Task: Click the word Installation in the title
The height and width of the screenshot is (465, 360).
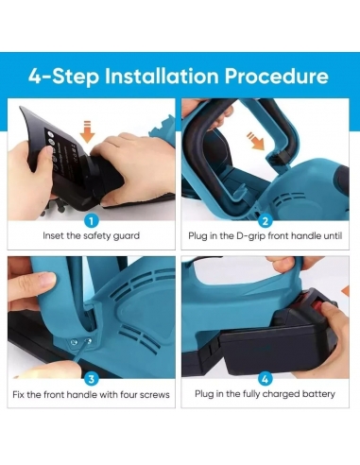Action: [162, 76]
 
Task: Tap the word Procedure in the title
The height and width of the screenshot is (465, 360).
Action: [277, 76]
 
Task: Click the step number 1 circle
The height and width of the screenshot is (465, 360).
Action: [92, 221]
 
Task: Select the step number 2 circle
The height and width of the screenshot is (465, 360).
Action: [266, 221]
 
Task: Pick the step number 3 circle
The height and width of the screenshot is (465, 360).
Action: [92, 379]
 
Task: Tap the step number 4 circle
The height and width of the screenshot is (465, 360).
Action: [266, 379]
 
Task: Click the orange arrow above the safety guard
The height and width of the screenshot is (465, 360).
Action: [87, 131]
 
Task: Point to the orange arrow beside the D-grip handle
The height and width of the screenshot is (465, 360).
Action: [256, 141]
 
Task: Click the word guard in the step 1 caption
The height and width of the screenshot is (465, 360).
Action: [126, 236]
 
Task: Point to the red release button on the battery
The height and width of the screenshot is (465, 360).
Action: [318, 305]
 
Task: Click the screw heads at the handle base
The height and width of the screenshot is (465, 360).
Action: [81, 341]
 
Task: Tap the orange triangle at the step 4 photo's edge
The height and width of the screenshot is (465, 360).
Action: [346, 290]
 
